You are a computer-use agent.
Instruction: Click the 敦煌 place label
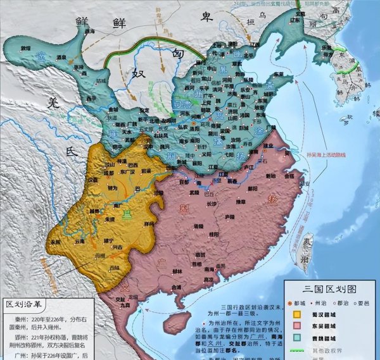[x=25, y=48]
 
